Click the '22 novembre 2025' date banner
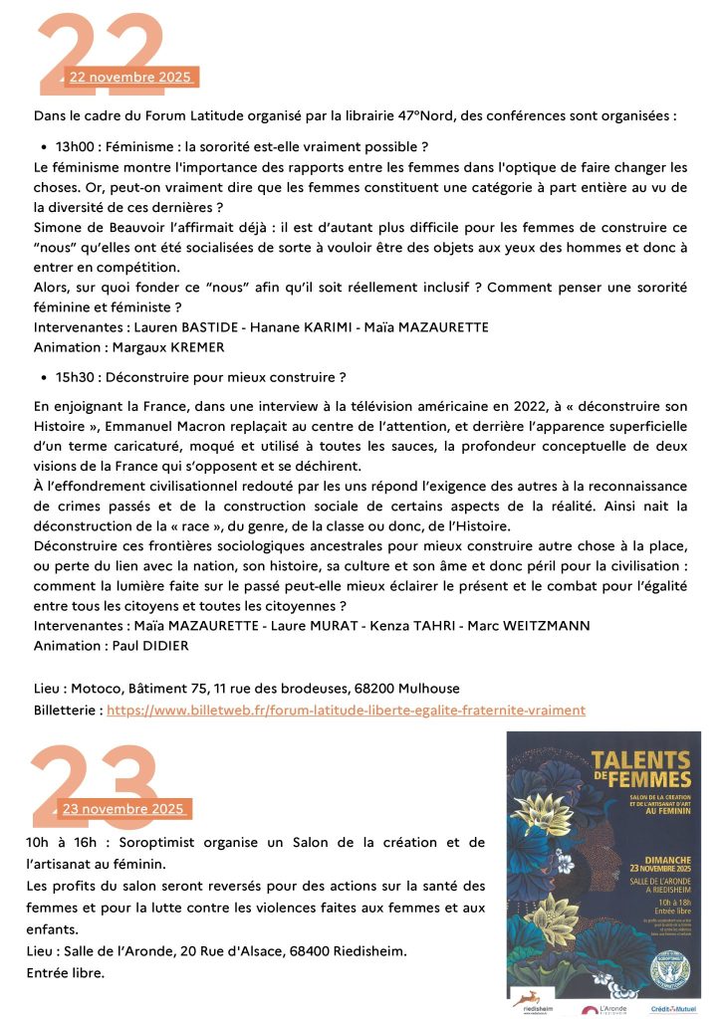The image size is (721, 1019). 132,77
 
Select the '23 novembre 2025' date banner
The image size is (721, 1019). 124,808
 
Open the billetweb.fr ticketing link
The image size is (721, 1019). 346,710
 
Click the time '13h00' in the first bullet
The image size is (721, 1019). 76,145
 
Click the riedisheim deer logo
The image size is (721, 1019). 534,1001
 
